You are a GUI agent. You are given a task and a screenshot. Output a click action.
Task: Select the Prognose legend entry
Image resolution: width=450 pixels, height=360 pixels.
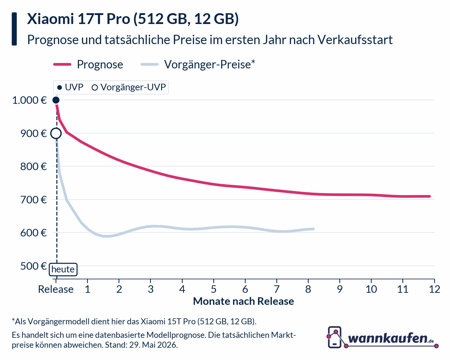pyautogui.click(x=88, y=64)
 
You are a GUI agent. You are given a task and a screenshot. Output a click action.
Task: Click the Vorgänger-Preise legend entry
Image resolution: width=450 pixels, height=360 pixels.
pyautogui.click(x=198, y=64)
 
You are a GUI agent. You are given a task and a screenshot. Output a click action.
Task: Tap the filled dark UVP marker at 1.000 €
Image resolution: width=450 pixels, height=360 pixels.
pyautogui.click(x=56, y=100)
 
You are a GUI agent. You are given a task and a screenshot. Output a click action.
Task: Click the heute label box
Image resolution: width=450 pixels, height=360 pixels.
pyautogui.click(x=63, y=269)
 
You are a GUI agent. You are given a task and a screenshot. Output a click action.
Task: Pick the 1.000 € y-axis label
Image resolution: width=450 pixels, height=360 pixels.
pyautogui.click(x=29, y=100)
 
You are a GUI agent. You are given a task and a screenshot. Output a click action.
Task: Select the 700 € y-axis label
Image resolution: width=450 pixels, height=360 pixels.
pyautogui.click(x=34, y=200)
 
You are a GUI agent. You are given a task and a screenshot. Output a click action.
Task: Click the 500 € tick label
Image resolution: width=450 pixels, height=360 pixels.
pyautogui.click(x=34, y=266)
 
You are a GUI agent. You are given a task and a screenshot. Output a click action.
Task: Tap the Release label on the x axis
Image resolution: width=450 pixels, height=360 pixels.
pyautogui.click(x=56, y=289)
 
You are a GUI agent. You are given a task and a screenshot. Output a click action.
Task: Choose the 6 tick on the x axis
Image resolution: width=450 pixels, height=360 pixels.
pyautogui.click(x=245, y=289)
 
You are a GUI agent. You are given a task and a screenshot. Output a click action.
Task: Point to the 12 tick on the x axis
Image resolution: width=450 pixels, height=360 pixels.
pyautogui.click(x=434, y=289)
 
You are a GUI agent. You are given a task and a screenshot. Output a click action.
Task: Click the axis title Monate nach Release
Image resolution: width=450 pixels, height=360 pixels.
pyautogui.click(x=243, y=301)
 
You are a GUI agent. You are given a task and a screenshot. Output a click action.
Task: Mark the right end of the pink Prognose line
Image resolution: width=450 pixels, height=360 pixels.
pyautogui.click(x=430, y=196)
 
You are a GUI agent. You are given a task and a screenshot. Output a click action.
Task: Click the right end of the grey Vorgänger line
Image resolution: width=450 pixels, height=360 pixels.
pyautogui.click(x=313, y=229)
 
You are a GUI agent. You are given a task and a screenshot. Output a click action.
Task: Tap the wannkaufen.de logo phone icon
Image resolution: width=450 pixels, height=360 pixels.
pyautogui.click(x=334, y=337)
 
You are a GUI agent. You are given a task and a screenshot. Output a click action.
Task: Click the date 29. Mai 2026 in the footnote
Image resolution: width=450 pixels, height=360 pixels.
pyautogui.click(x=153, y=345)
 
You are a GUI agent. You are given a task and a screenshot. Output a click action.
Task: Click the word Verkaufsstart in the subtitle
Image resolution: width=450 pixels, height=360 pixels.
pyautogui.click(x=355, y=40)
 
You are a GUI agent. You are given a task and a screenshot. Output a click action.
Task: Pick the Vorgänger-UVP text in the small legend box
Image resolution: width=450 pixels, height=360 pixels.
pyautogui.click(x=133, y=87)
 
